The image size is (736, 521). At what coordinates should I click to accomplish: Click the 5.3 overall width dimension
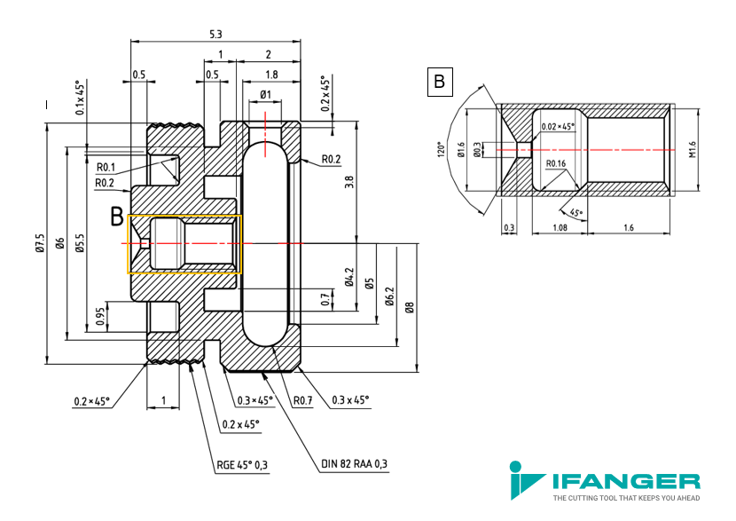[215, 35]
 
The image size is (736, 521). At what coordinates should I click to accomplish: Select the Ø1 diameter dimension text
[266, 94]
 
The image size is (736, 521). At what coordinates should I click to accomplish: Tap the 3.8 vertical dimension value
[348, 182]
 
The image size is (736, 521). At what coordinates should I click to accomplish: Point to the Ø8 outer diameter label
[410, 307]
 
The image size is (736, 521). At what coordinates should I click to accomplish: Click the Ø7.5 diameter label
[41, 243]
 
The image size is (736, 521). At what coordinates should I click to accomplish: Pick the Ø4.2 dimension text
[348, 277]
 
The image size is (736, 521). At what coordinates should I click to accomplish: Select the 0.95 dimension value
[100, 316]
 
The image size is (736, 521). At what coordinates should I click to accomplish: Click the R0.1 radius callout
[106, 167]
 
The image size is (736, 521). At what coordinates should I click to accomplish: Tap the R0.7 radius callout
[302, 400]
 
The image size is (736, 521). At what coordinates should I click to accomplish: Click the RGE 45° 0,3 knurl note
[242, 465]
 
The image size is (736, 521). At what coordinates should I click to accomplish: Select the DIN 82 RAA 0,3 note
[355, 463]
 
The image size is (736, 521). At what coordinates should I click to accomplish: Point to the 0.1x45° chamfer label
[81, 98]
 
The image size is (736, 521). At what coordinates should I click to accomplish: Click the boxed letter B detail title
[440, 82]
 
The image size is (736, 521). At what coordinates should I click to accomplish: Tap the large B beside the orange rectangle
[117, 217]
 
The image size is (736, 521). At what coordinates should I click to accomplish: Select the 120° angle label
[441, 149]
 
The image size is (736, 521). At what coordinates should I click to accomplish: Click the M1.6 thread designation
[693, 150]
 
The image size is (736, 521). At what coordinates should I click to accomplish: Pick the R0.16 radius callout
[556, 163]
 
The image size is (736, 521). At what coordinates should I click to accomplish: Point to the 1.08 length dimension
[560, 228]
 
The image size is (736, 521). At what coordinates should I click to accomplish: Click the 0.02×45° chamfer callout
[558, 127]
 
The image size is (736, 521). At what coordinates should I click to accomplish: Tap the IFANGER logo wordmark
[626, 482]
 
